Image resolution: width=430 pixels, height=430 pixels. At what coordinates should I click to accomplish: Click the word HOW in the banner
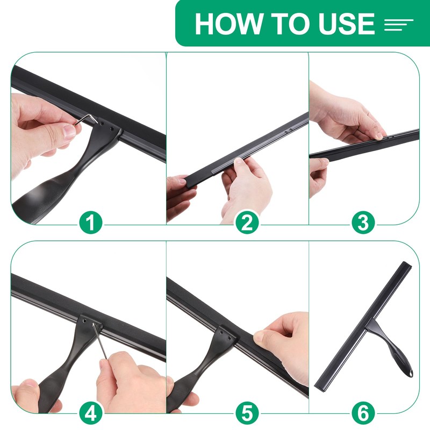click(228, 23)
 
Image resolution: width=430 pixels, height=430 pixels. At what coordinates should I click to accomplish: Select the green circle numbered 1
click(91, 223)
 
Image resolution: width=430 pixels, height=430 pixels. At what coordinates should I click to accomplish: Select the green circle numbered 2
click(247, 223)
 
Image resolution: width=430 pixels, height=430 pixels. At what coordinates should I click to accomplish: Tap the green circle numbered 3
click(363, 223)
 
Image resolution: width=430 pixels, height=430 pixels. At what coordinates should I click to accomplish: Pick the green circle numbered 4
click(91, 412)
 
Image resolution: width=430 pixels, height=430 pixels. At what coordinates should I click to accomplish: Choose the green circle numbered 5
click(247, 412)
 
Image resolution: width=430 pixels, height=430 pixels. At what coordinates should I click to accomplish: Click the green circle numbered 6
click(363, 412)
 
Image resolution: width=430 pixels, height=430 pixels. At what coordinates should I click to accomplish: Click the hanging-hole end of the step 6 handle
click(410, 373)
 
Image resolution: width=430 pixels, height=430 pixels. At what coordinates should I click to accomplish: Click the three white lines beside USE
click(398, 25)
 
